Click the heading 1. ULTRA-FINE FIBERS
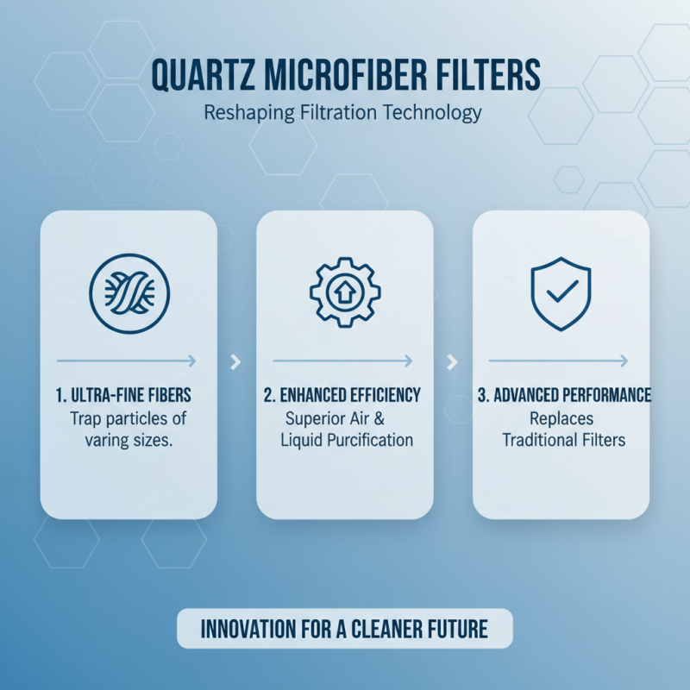[129, 395]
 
